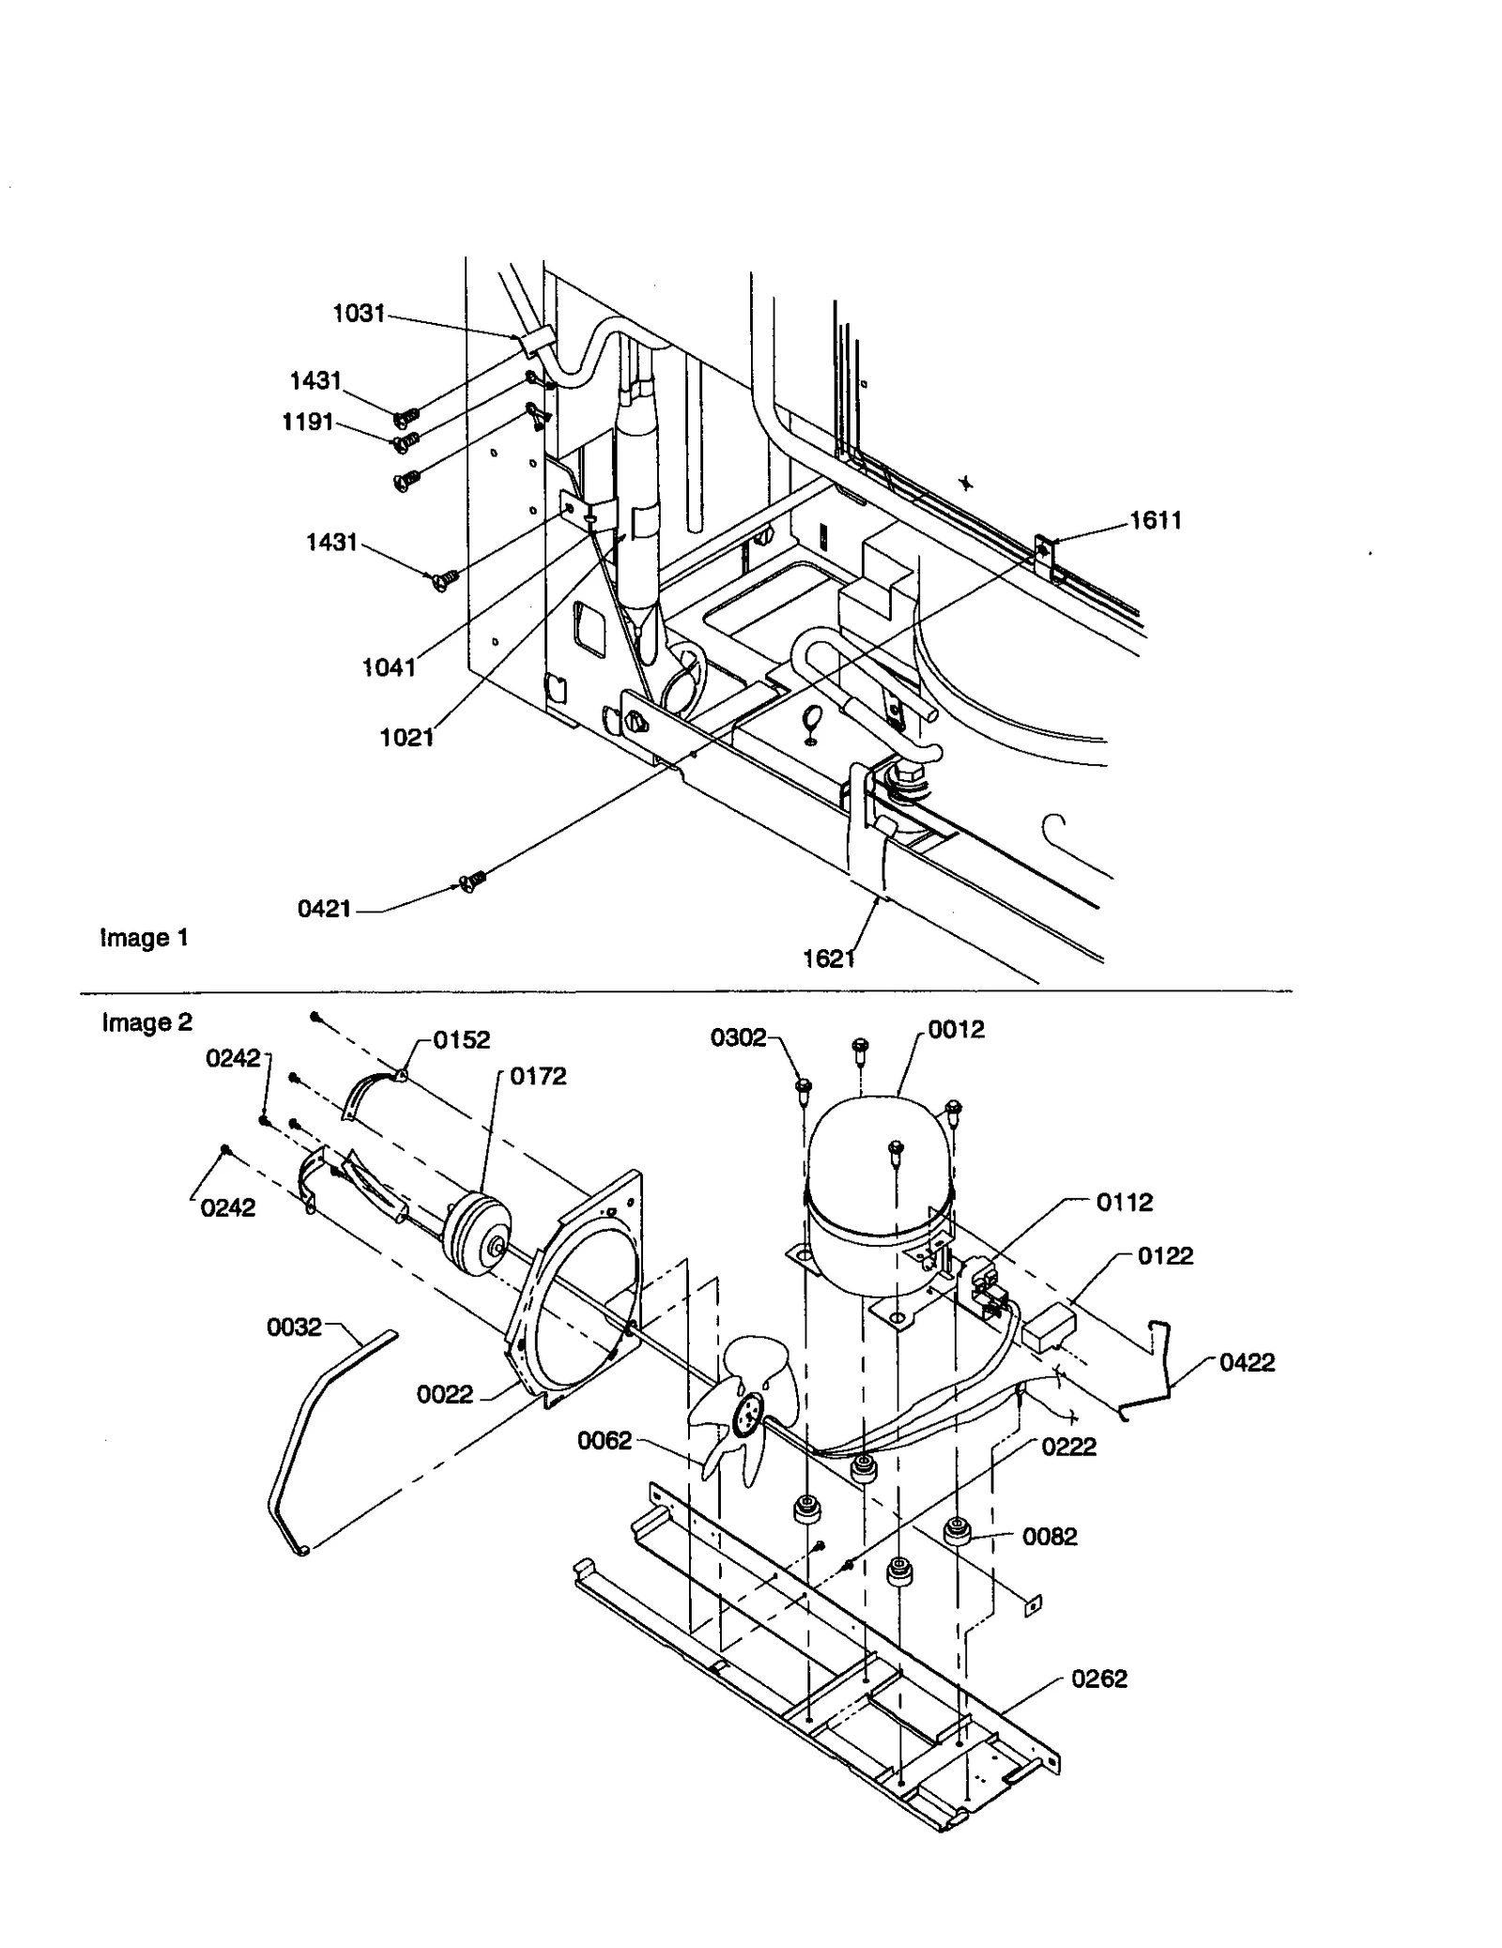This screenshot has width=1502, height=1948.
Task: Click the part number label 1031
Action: (x=360, y=314)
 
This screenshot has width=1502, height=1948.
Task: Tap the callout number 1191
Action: (x=308, y=422)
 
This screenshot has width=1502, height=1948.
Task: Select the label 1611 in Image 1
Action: (x=1156, y=520)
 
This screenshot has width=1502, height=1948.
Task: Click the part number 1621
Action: (x=829, y=959)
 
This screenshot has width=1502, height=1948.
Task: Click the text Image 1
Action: (x=145, y=938)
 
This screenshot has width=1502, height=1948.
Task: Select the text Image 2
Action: (x=146, y=1022)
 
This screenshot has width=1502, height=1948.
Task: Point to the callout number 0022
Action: (x=445, y=1395)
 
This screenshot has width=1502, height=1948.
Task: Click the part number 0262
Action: (x=1099, y=1679)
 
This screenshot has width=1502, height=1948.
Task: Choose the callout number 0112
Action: (x=1125, y=1202)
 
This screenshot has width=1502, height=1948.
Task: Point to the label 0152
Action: (x=461, y=1040)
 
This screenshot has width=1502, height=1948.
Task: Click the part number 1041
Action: (x=389, y=667)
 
